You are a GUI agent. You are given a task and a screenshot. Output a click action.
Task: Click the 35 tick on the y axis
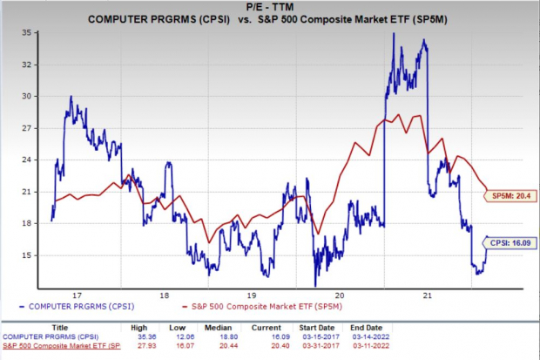click(27, 31)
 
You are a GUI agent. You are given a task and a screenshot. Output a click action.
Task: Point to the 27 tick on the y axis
click(27, 128)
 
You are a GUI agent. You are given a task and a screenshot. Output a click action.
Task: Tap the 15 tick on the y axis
click(27, 255)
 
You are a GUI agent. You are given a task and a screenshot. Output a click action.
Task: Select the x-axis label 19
click(252, 295)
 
